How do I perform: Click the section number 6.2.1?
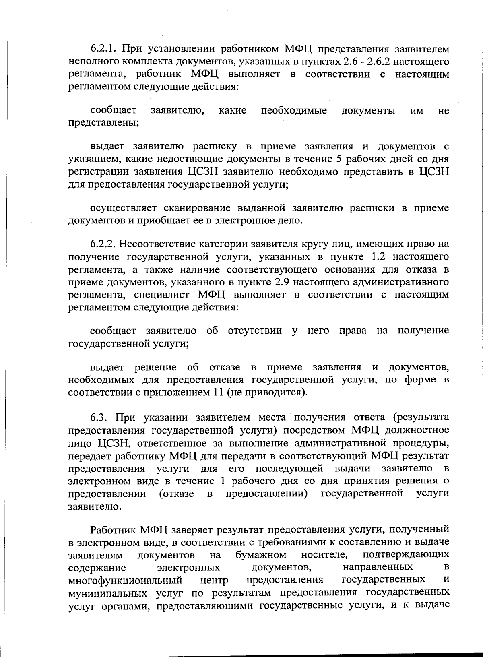103,49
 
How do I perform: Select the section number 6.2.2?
103,244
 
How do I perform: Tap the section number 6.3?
100,417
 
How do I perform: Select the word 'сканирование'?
197,208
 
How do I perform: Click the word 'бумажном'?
261,555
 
